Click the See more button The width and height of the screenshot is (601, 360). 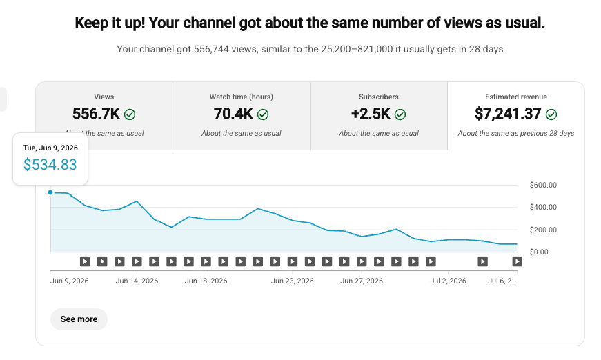pyautogui.click(x=79, y=319)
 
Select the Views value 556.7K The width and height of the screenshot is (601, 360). pyautogui.click(x=96, y=114)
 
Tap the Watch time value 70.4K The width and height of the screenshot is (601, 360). pyautogui.click(x=233, y=114)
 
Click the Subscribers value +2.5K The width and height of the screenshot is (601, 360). pyautogui.click(x=371, y=114)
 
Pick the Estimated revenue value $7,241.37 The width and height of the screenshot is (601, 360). pyautogui.click(x=508, y=114)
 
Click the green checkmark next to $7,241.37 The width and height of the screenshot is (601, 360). pyautogui.click(x=551, y=114)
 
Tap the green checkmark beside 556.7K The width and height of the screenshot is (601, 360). pyautogui.click(x=130, y=114)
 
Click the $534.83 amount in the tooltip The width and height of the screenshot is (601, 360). pyautogui.click(x=50, y=165)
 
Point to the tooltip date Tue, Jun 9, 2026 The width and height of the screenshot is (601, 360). pyautogui.click(x=50, y=148)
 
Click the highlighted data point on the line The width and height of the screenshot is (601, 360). pyautogui.click(x=50, y=192)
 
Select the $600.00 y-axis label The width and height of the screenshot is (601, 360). pyautogui.click(x=543, y=185)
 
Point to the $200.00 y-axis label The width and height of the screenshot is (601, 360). pyautogui.click(x=543, y=230)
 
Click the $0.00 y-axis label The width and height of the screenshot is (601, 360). pyautogui.click(x=539, y=252)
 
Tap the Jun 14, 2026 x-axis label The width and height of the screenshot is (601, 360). pyautogui.click(x=137, y=281)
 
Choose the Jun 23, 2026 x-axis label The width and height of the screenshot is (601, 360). pyautogui.click(x=293, y=281)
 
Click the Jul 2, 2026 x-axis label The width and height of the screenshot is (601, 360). pyautogui.click(x=448, y=281)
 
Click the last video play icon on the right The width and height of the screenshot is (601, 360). pyautogui.click(x=517, y=261)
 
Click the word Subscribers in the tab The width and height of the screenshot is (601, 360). pyautogui.click(x=379, y=97)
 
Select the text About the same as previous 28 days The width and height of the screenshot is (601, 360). pyautogui.click(x=516, y=133)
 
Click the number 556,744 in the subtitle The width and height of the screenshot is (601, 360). pyautogui.click(x=211, y=49)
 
